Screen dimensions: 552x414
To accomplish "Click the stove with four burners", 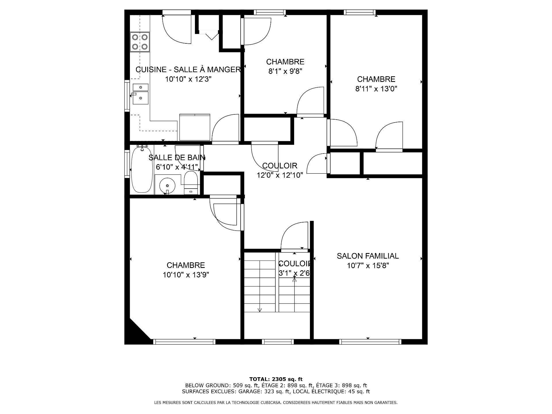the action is [140, 42].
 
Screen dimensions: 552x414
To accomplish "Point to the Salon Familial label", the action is [368, 256].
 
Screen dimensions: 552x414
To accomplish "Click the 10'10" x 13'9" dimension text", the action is [186, 275].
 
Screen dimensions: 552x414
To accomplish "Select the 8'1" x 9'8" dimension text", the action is [285, 71].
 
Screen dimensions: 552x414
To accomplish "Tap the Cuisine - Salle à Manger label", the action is [188, 70].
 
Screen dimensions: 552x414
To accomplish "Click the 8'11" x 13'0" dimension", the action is [376, 89].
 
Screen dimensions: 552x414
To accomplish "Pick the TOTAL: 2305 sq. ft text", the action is [276, 379].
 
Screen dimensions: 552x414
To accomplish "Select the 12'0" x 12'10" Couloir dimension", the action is [280, 175].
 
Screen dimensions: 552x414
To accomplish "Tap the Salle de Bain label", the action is [177, 158].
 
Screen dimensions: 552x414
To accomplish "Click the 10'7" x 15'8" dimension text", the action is [368, 266].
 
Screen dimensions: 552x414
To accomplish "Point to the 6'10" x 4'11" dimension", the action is [177, 167].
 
